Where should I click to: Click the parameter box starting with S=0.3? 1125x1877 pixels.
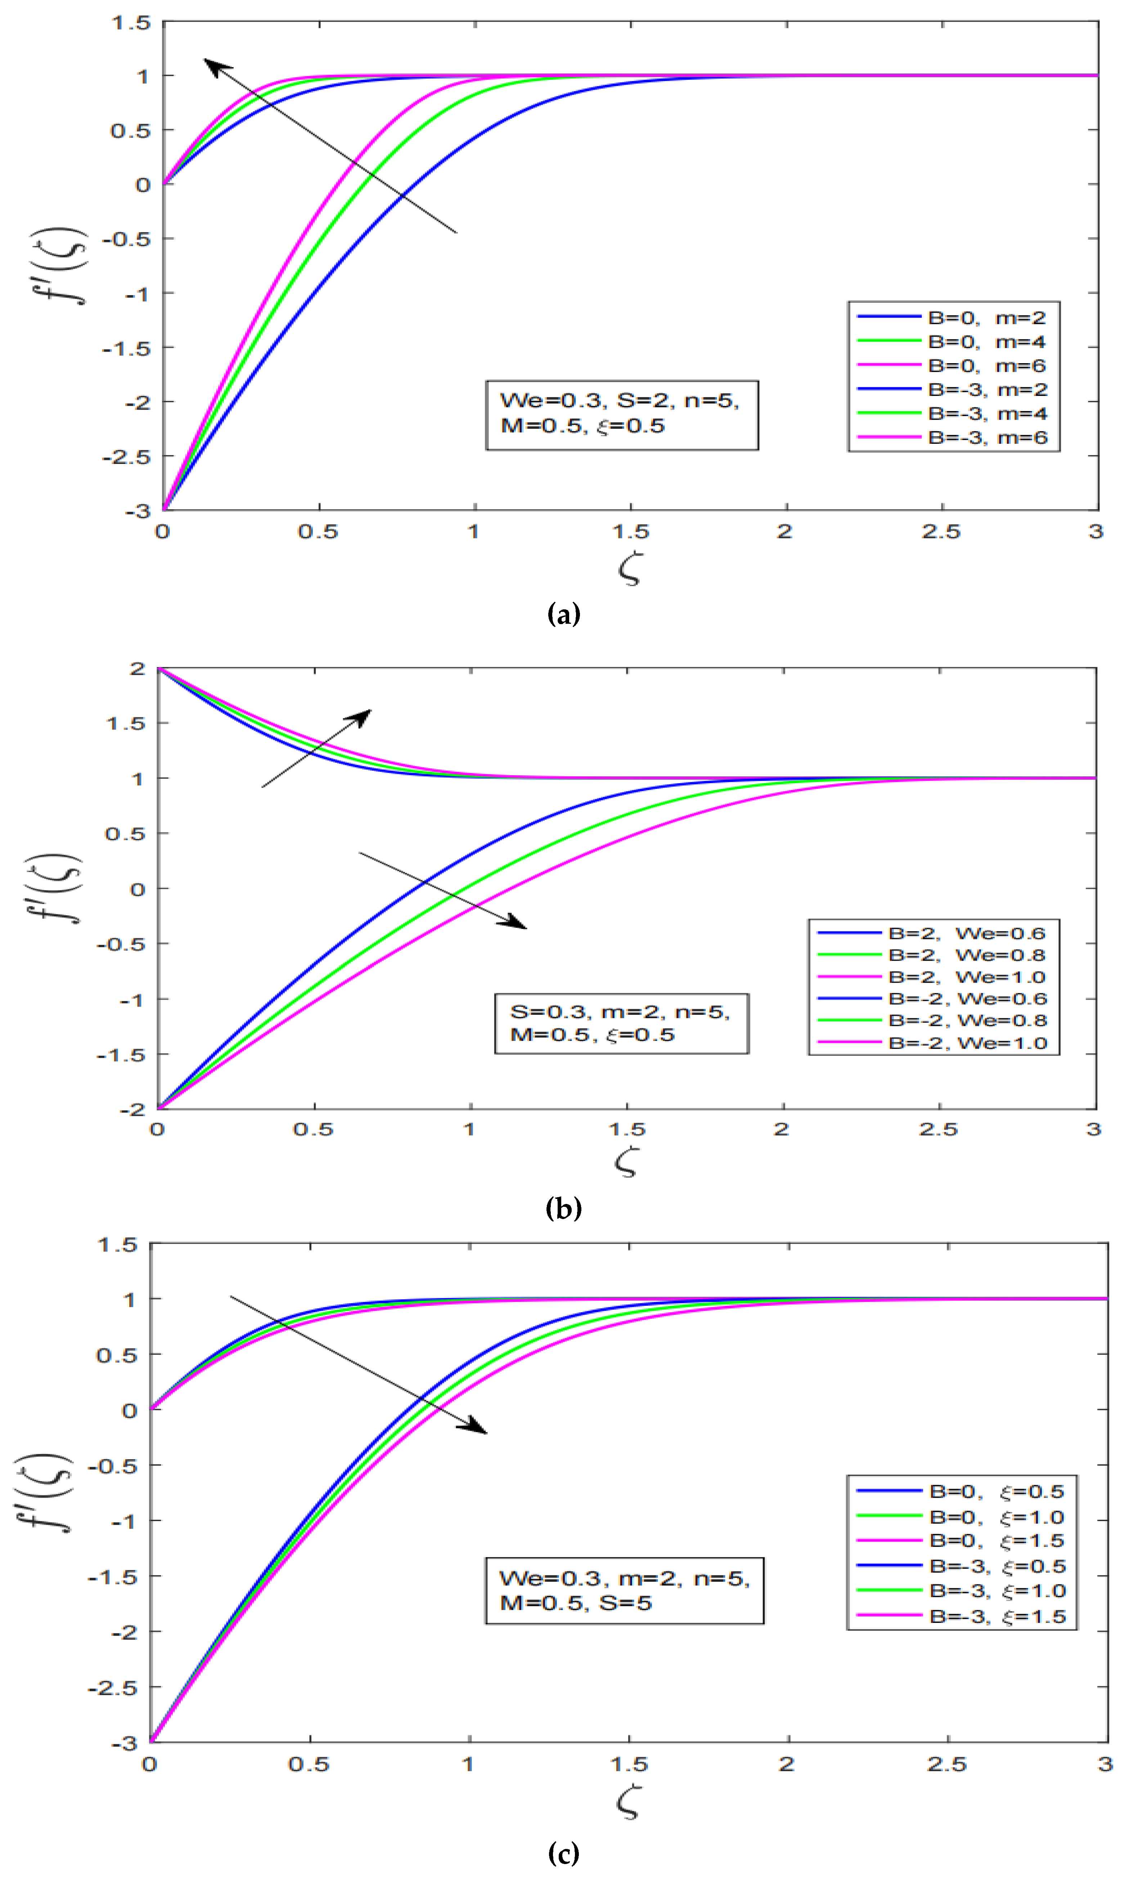click(621, 1023)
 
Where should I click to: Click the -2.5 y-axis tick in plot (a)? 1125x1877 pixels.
click(127, 456)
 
